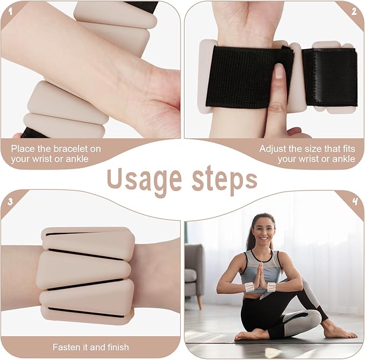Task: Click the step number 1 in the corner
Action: pos(10,11)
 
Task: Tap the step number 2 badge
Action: pos(354,11)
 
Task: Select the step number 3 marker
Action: pos(10,202)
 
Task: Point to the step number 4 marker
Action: pos(355,202)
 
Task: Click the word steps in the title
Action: pos(224,180)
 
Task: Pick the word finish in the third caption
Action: pos(118,347)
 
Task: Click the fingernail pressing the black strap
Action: pos(279,71)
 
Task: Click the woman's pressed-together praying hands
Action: pos(261,276)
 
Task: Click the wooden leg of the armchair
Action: pos(199,302)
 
